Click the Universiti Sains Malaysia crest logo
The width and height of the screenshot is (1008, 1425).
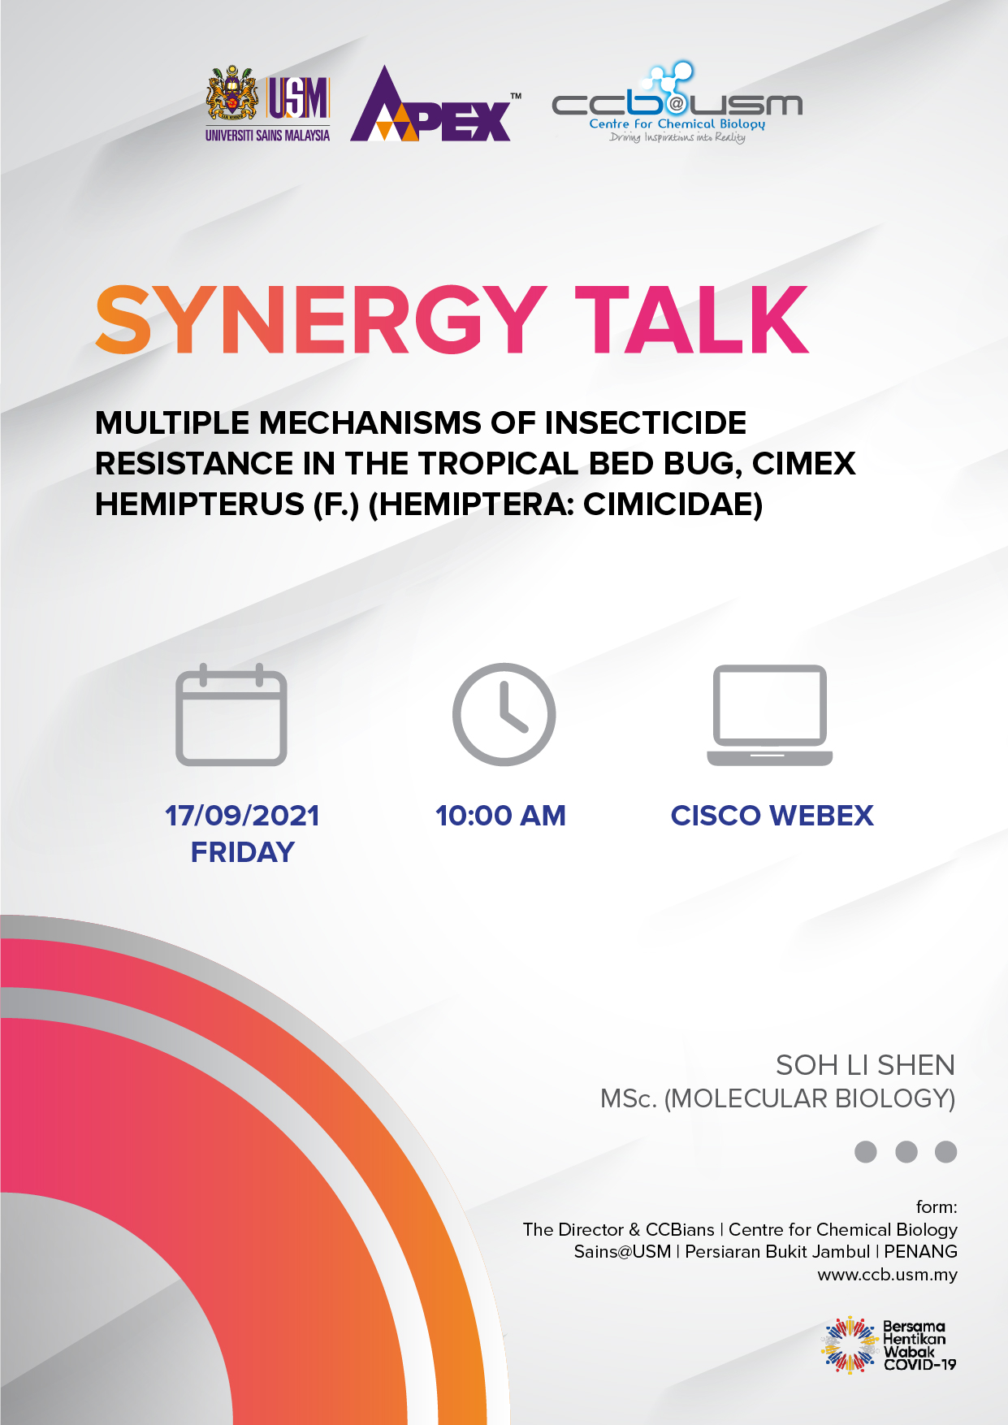(267, 104)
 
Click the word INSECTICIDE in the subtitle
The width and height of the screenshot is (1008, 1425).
(646, 422)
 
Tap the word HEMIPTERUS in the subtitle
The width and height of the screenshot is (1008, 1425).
(200, 505)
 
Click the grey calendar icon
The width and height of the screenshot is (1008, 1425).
(231, 715)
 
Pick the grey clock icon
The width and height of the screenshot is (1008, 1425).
(504, 714)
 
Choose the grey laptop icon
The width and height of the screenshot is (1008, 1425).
(770, 715)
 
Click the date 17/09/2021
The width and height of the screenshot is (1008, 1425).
(242, 816)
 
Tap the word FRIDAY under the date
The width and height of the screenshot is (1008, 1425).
(242, 852)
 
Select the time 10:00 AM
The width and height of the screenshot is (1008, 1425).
(500, 816)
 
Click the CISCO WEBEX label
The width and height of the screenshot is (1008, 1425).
(772, 816)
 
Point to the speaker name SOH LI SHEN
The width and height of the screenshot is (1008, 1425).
(865, 1065)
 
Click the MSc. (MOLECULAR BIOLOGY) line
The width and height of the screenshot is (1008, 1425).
(777, 1098)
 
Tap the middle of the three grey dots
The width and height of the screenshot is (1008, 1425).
(906, 1151)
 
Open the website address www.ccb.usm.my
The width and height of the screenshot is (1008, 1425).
(887, 1275)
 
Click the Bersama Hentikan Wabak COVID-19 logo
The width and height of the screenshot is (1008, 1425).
(889, 1345)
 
